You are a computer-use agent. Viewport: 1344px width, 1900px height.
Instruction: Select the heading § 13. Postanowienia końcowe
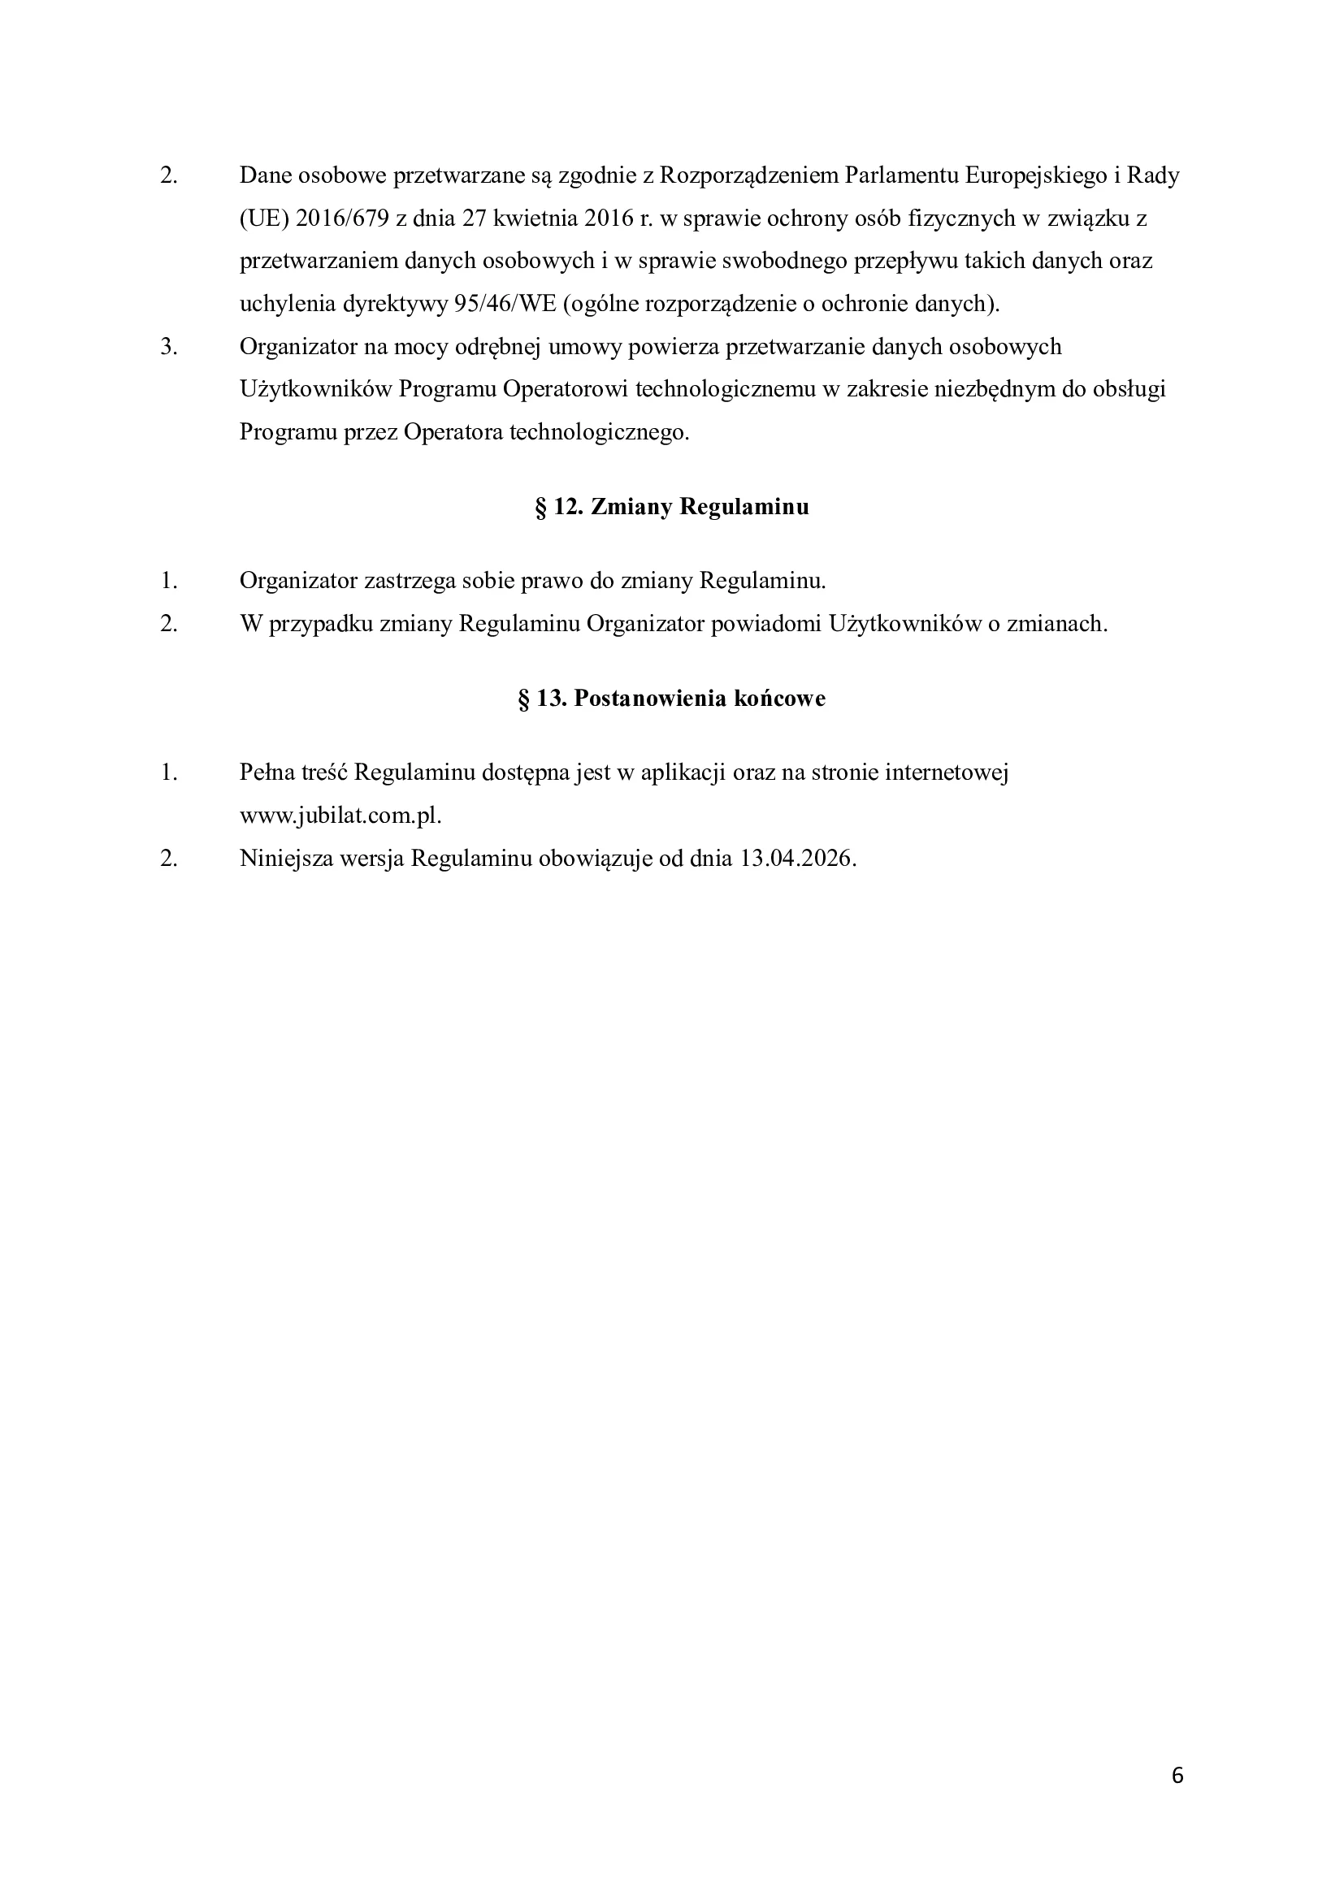coord(672,699)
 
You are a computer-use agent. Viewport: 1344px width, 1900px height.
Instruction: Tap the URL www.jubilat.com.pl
coord(340,816)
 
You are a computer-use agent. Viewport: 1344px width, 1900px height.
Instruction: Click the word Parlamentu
coord(895,175)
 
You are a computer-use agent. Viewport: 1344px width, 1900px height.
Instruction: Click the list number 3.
coord(169,347)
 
